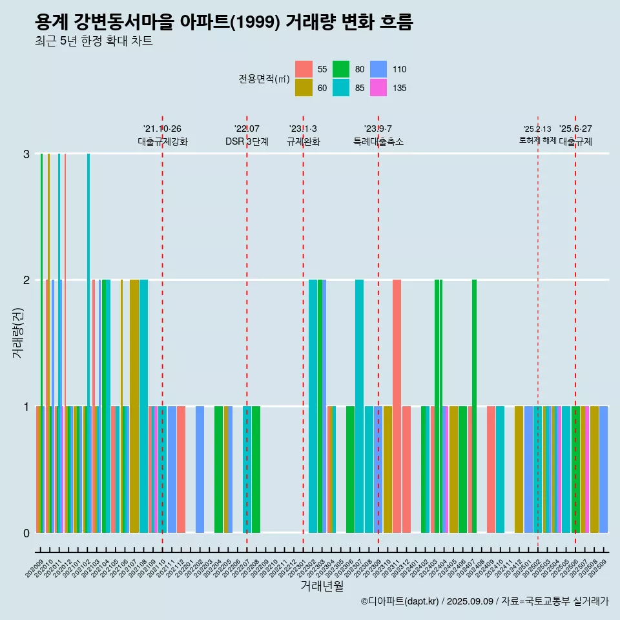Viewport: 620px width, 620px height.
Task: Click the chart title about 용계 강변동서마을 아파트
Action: tap(223, 23)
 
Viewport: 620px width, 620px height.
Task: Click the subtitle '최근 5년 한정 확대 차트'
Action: tap(94, 42)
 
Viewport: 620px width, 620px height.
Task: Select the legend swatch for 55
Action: tap(304, 69)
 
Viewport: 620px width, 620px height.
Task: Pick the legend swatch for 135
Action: tap(378, 88)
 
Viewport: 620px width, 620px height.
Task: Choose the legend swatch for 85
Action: tap(341, 88)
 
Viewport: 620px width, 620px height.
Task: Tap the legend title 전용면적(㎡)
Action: tap(263, 79)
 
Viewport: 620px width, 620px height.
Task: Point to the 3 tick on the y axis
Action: tap(26, 154)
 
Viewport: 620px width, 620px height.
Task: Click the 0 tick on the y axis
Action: tap(26, 533)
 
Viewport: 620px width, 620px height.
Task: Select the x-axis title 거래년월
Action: tap(322, 586)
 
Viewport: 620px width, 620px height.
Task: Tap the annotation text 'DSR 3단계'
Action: tap(247, 141)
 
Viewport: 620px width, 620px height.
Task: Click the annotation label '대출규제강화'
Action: tap(162, 141)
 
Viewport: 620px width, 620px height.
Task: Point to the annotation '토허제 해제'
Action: tap(537, 140)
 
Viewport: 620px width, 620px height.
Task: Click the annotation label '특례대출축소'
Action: tap(378, 141)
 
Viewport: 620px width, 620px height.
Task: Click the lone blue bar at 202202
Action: tap(200, 469)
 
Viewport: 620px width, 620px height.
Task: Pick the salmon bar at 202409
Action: tap(491, 469)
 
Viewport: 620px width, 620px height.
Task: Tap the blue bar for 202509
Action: tap(603, 469)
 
